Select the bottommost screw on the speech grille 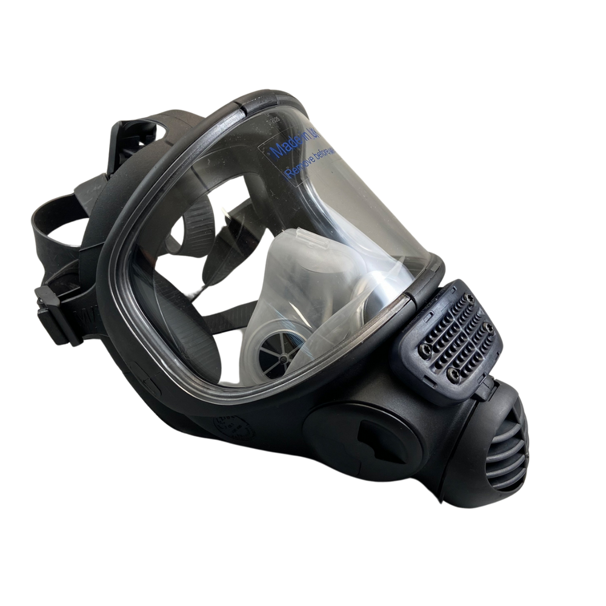tap(451, 377)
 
